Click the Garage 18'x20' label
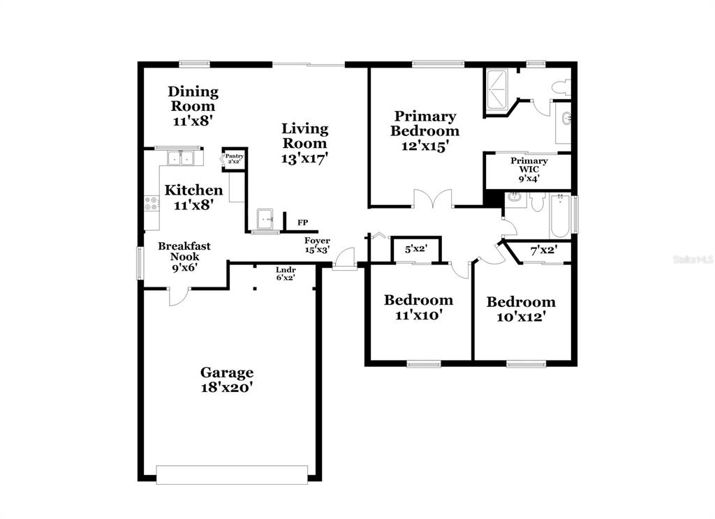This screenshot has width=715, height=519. pyautogui.click(x=227, y=380)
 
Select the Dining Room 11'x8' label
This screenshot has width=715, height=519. pyautogui.click(x=193, y=106)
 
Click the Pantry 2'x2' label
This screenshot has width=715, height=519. pyautogui.click(x=235, y=158)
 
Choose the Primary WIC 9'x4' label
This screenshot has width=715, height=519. pyautogui.click(x=529, y=170)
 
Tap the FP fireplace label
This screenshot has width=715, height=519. pyautogui.click(x=303, y=223)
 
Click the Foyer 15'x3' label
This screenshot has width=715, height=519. pyautogui.click(x=318, y=245)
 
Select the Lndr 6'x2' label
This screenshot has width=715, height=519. pyautogui.click(x=286, y=273)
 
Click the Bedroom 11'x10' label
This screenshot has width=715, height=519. pyautogui.click(x=419, y=307)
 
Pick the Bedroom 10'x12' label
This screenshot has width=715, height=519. pyautogui.click(x=521, y=309)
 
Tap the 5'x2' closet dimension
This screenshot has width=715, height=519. pyautogui.click(x=416, y=249)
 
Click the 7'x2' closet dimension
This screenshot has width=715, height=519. pyautogui.click(x=543, y=250)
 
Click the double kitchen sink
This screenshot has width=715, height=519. pyautogui.click(x=181, y=158)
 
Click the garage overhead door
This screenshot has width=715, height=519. pyautogui.click(x=232, y=474)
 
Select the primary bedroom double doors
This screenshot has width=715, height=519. pyautogui.click(x=433, y=199)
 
